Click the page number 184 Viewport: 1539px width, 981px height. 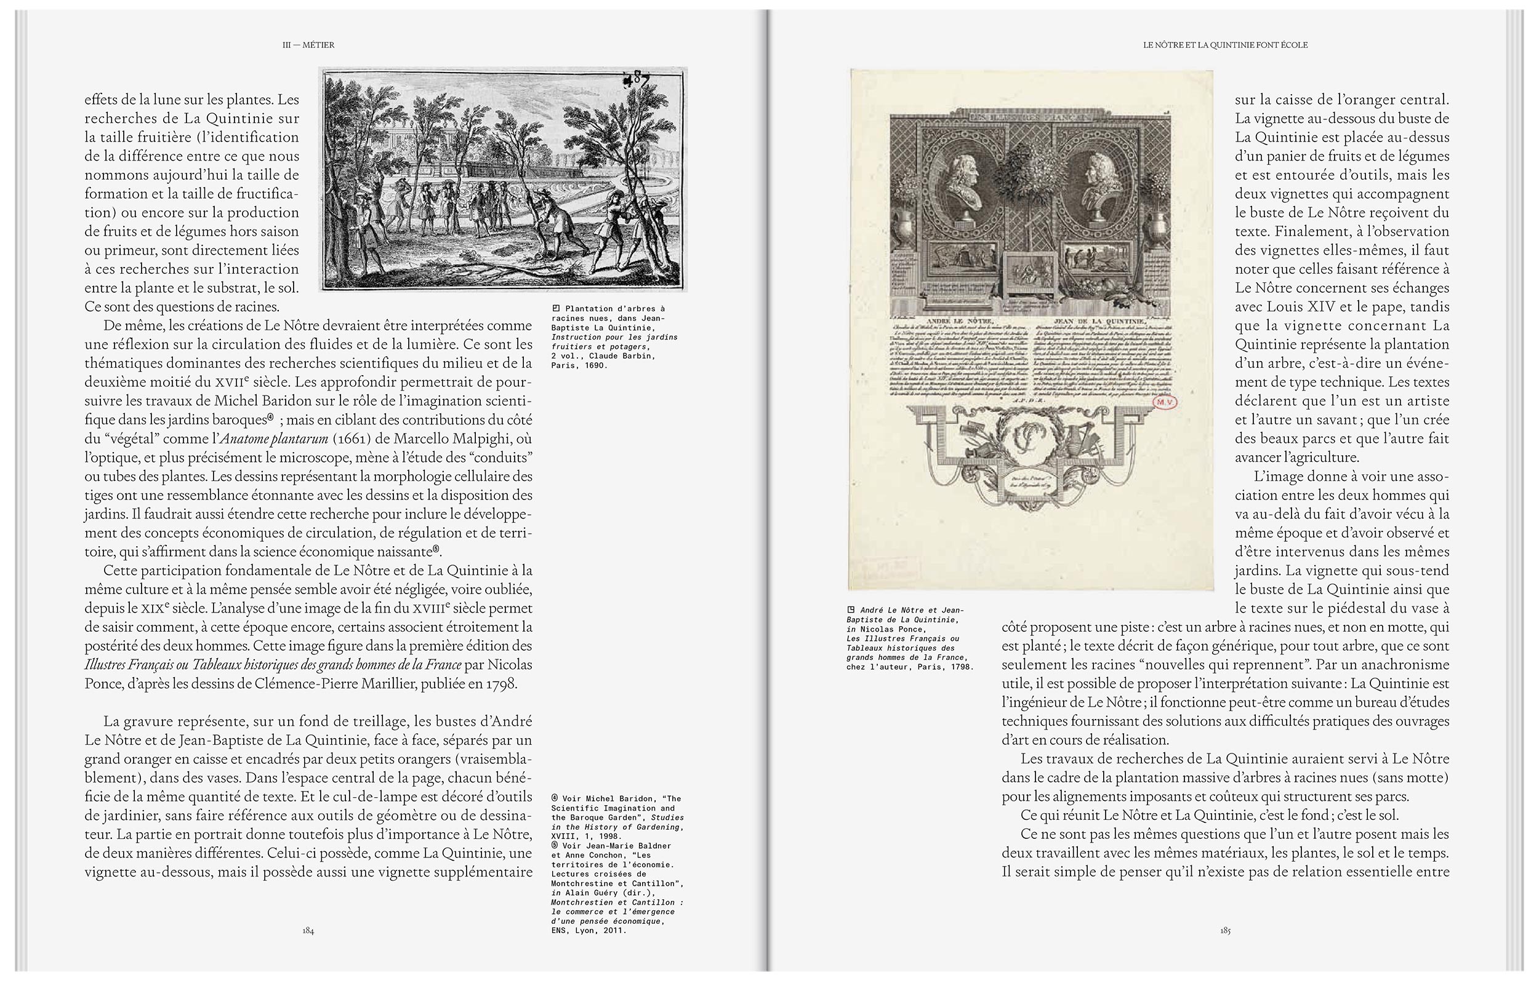308,931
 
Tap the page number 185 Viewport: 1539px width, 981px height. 1225,931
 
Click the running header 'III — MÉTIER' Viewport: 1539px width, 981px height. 308,46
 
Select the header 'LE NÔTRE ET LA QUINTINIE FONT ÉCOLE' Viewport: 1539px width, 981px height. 1225,46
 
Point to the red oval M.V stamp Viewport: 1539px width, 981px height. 1165,402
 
